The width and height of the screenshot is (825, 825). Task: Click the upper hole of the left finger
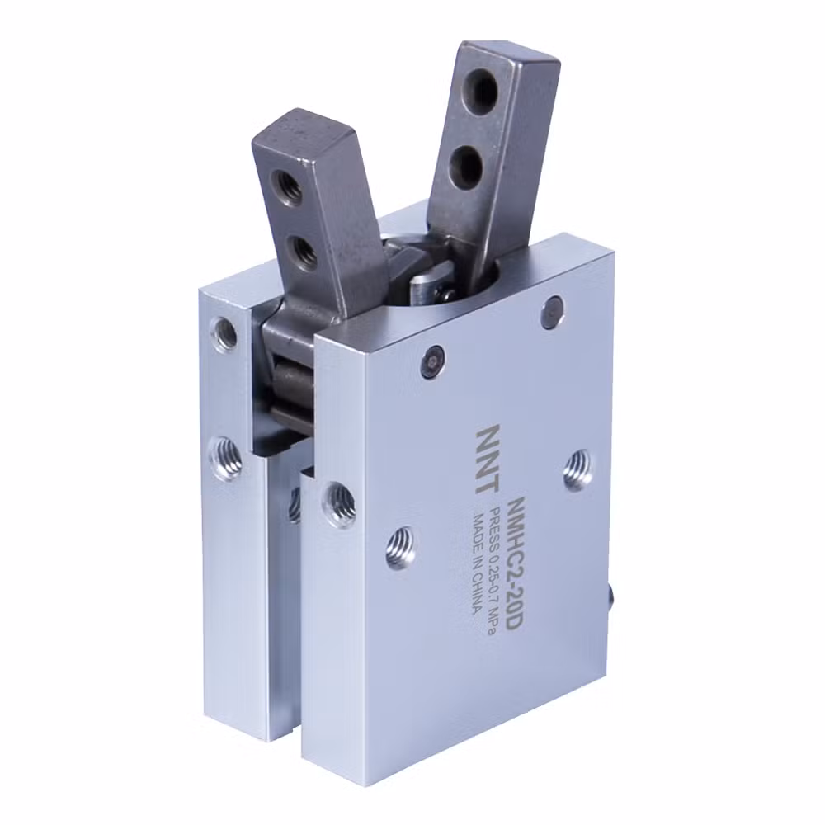tap(285, 185)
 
